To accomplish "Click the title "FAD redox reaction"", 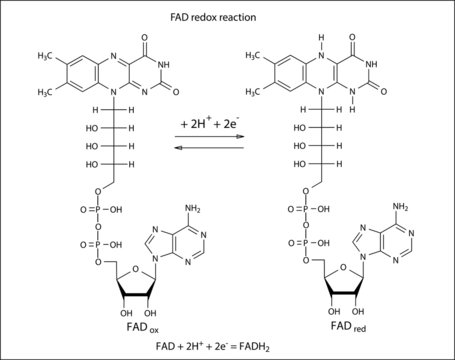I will (x=226, y=20).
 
